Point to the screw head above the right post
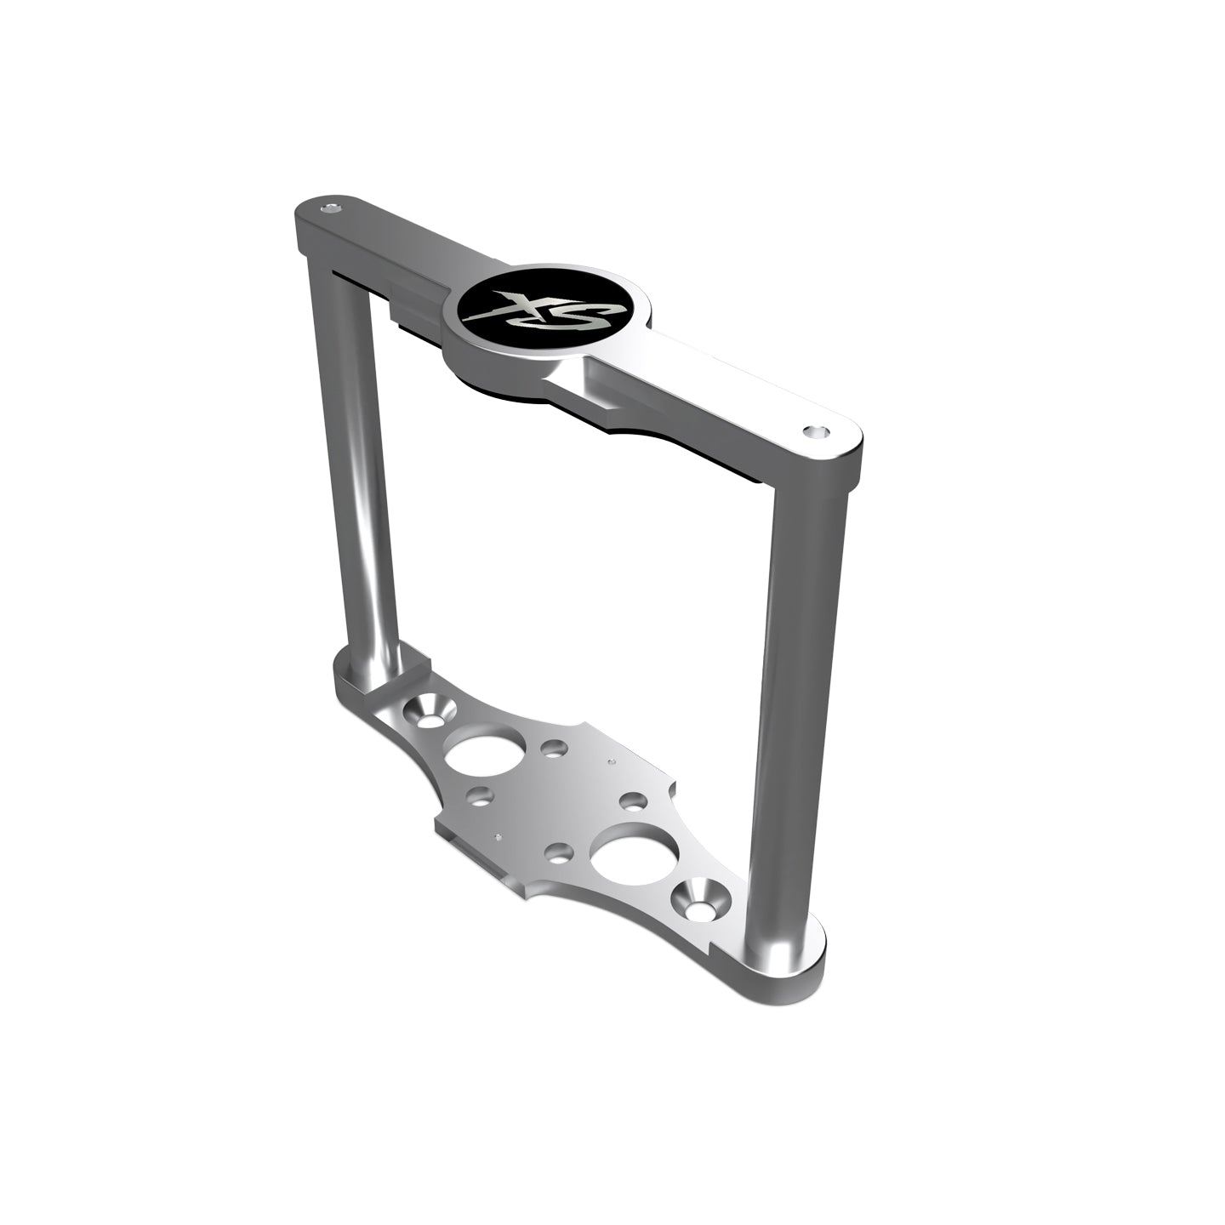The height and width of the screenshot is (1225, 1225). [818, 432]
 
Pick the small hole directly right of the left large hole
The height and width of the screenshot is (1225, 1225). [555, 749]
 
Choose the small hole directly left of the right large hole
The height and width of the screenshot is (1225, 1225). [559, 852]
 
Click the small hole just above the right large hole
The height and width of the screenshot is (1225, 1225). [633, 801]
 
